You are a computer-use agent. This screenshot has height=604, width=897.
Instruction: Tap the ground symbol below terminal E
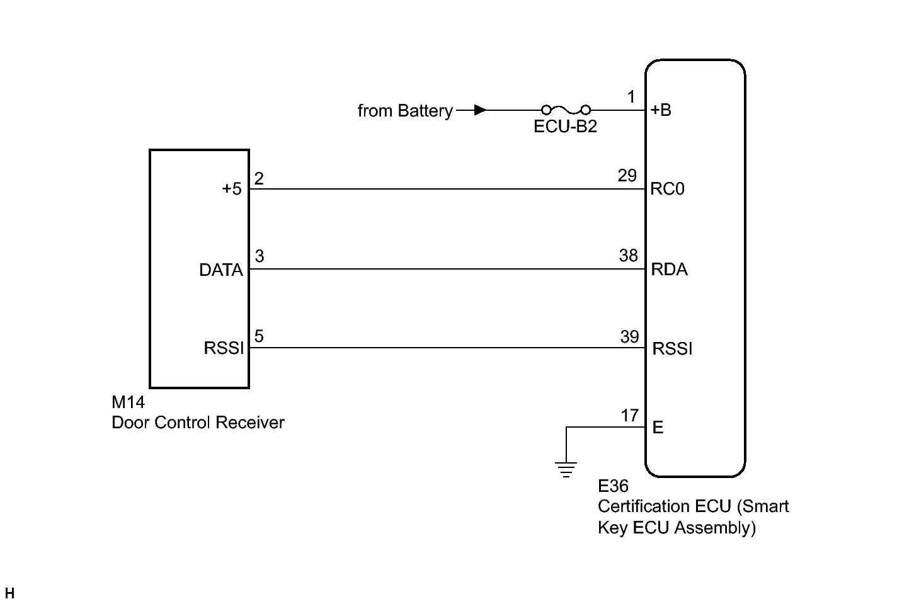pos(566,469)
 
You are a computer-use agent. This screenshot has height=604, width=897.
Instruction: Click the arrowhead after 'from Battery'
pos(480,110)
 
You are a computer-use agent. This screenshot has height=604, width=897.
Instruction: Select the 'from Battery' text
pos(404,111)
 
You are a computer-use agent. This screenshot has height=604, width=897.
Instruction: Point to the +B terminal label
pos(661,110)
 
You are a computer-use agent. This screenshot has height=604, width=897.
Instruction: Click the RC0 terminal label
pos(667,189)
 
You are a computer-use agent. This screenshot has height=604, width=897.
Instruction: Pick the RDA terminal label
pos(669,270)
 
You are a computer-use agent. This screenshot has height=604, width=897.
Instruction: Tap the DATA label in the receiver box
pos(221,270)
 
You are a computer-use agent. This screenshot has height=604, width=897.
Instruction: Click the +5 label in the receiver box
pos(232,189)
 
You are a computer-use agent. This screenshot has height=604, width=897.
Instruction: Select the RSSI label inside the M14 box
pos(224,348)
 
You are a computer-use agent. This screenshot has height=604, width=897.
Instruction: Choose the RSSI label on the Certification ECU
pos(672,349)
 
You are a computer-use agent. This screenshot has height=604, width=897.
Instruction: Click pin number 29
pos(627,176)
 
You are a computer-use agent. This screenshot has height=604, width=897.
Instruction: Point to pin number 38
pos(629,256)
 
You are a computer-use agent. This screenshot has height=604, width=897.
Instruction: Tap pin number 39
pos(629,337)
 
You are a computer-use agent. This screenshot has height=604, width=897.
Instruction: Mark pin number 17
pos(630,416)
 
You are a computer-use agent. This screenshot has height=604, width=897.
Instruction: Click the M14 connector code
pos(128,402)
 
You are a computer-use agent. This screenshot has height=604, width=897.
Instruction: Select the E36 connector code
pos(613,486)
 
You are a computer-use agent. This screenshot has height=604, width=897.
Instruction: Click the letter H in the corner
pos(9,593)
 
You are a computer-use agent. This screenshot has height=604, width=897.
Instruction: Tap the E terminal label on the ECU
pos(658,428)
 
